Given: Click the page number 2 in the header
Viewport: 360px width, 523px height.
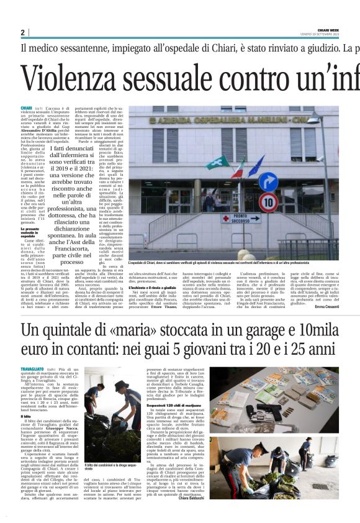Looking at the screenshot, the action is click(23, 32).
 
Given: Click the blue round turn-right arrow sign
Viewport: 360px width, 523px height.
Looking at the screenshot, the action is click(268, 181).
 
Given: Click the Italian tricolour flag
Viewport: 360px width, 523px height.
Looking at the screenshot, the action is click(237, 168).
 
